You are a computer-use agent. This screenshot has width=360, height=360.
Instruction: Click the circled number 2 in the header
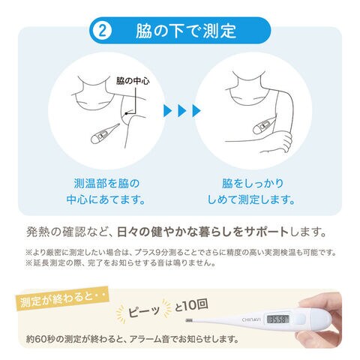102,31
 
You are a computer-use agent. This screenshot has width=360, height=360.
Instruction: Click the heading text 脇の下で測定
186,31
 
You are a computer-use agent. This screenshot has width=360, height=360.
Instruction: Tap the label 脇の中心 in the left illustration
133,81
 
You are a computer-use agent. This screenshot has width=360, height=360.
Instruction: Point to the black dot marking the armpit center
126,114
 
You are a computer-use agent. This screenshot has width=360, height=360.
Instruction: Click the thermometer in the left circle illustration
105,133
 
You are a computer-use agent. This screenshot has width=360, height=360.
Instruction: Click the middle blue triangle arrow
182,111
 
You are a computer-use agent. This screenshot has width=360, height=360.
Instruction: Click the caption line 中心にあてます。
106,199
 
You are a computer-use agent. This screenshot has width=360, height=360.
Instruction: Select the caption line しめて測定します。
251,199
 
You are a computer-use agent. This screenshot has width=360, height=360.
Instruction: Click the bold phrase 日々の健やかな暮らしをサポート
202,232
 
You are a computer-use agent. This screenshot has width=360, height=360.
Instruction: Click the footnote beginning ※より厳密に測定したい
181,252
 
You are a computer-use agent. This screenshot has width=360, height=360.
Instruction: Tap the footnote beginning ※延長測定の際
121,263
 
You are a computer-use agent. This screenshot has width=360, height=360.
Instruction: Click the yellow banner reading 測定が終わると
63,298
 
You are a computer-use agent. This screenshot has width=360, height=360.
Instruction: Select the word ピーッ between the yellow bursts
144,310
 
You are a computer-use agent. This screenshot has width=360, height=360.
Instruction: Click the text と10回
190,305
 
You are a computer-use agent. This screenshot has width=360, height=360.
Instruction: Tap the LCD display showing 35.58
278,319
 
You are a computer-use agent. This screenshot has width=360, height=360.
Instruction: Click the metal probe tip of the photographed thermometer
189,320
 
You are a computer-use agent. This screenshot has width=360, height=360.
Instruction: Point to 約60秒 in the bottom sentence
40,339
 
